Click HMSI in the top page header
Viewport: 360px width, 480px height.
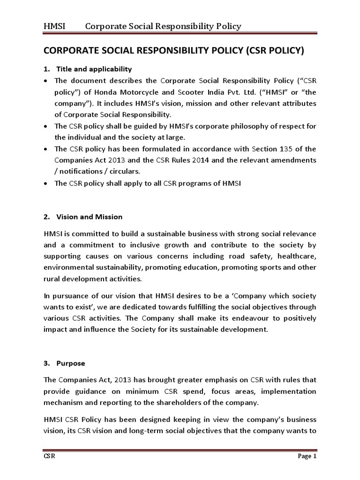(54, 26)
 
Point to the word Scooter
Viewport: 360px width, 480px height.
(240, 91)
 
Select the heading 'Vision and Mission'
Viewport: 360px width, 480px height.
(89, 217)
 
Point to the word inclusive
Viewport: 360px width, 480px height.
(135, 245)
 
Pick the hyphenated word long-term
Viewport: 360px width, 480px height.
(154, 430)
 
